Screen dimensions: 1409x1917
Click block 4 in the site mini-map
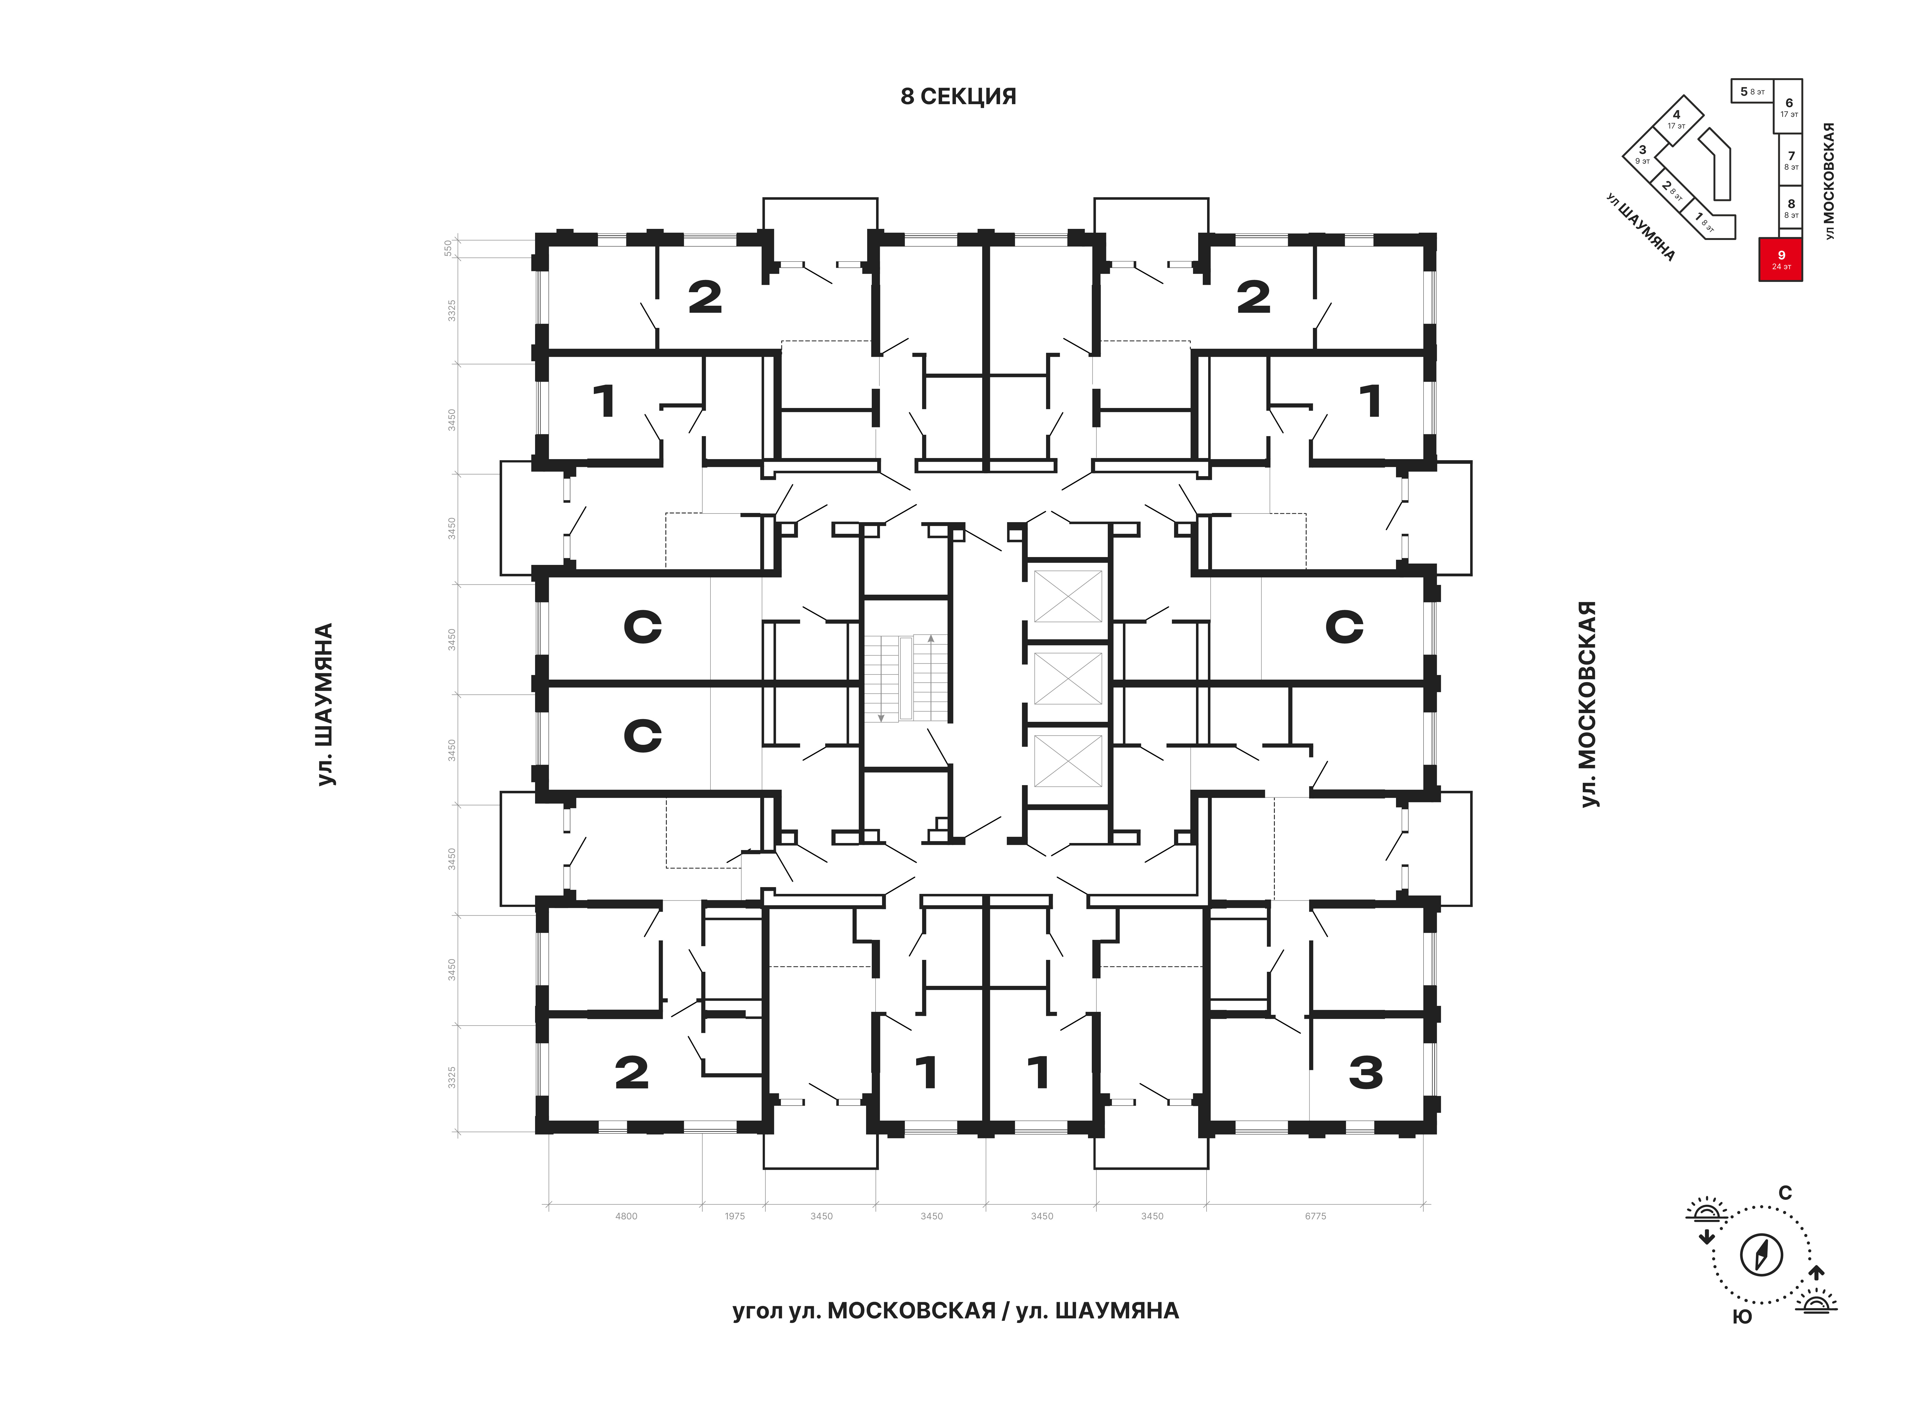(x=1676, y=118)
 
